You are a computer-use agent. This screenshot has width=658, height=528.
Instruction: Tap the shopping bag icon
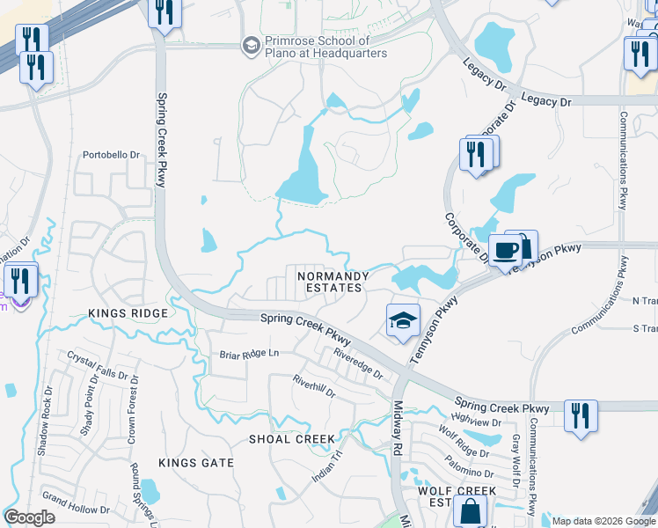pos(470,510)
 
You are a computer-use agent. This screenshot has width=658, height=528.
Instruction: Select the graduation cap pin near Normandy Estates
pos(402,319)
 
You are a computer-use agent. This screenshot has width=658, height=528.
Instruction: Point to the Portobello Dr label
pos(112,155)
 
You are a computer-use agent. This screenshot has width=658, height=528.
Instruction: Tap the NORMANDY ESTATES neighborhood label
pos(331,282)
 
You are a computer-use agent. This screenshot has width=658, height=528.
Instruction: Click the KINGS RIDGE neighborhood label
pos(127,313)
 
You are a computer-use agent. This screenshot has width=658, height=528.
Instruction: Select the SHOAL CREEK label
pos(291,439)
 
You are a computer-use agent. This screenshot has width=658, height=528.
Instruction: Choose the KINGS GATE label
pos(195,462)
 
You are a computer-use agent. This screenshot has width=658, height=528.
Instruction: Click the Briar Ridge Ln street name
pos(249,354)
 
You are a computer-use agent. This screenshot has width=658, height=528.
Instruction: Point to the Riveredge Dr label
pos(358,363)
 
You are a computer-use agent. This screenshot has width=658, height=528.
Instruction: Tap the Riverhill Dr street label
pos(314,388)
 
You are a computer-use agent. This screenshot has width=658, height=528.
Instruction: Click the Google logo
pos(30,517)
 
